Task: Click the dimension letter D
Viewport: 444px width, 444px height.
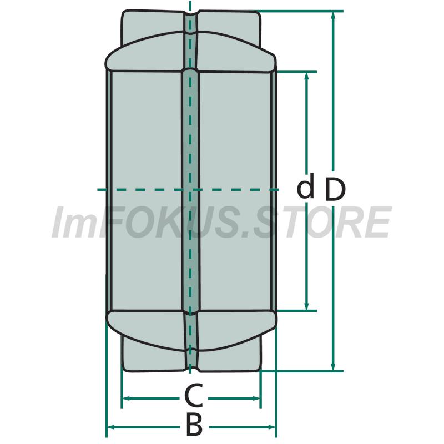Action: (336, 189)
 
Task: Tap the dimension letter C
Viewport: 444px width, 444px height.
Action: (194, 396)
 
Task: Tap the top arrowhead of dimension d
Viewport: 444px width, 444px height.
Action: (306, 77)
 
